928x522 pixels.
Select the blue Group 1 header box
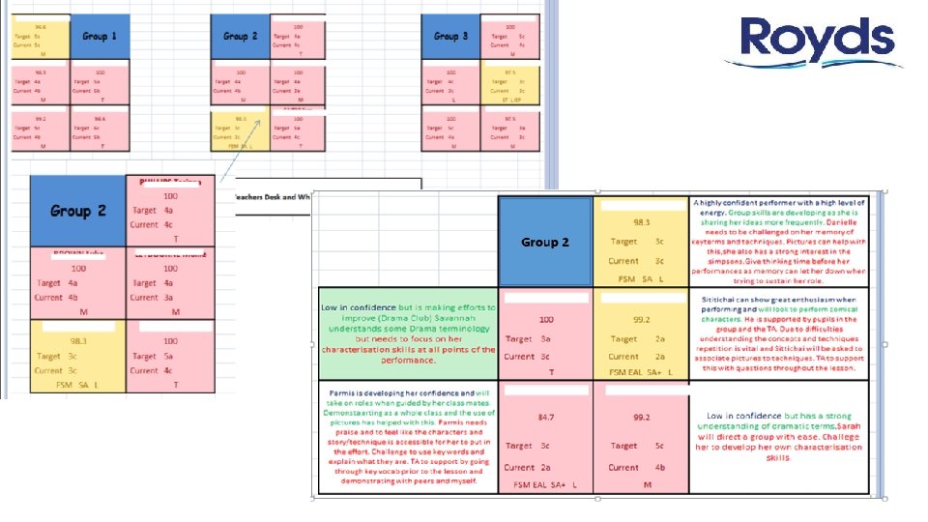[101, 37]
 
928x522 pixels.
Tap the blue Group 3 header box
[451, 37]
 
